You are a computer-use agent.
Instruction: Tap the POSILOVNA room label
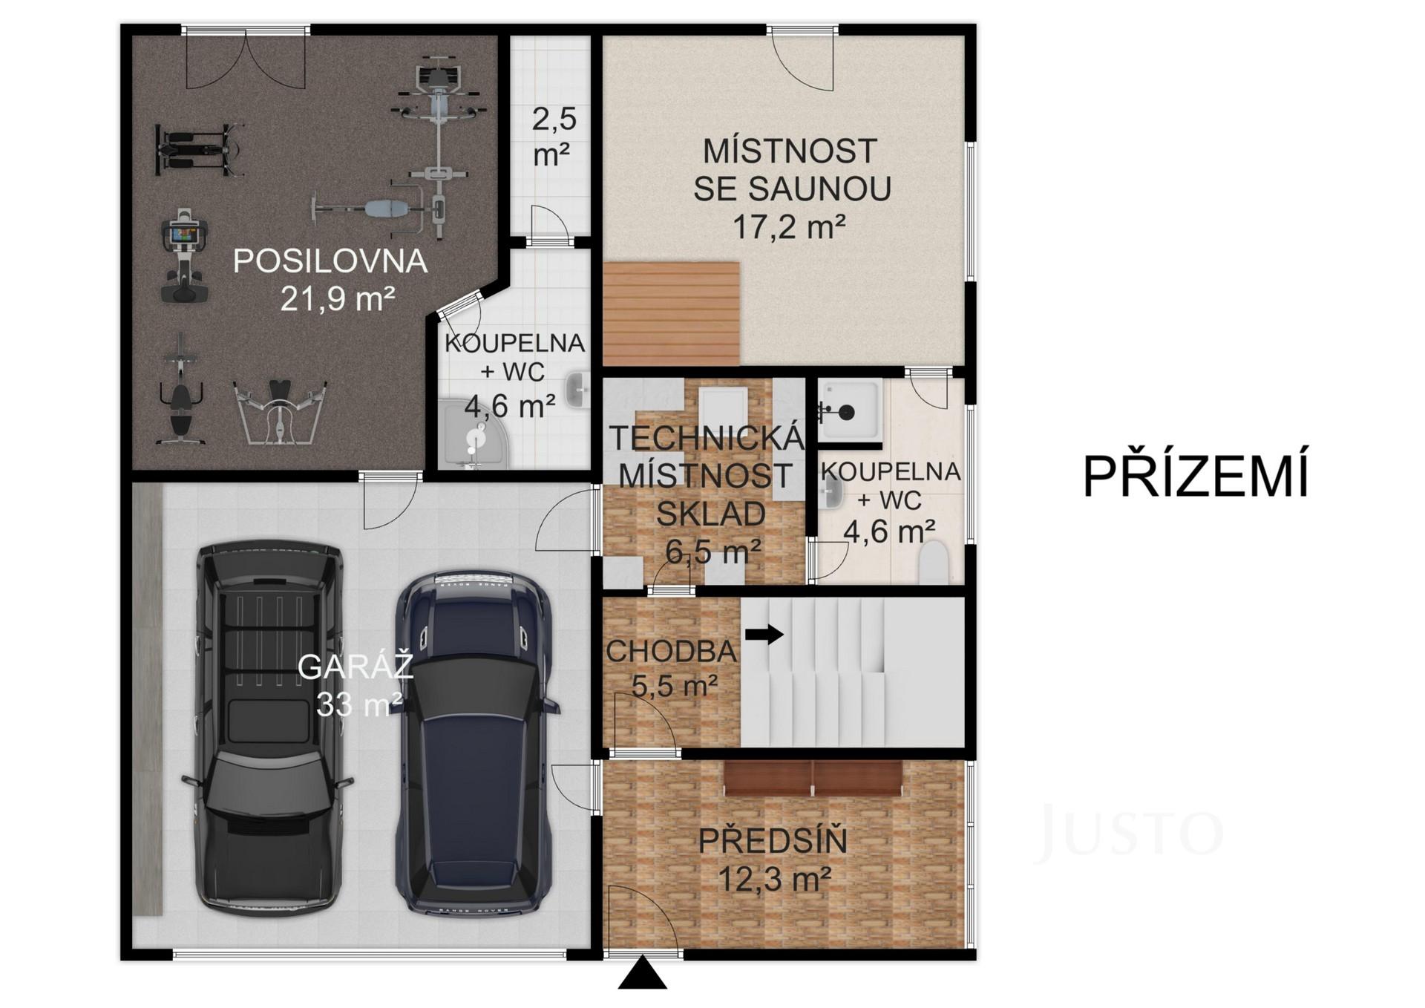[330, 261]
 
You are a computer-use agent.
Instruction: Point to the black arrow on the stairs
[764, 635]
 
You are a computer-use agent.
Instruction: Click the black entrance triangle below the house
[642, 973]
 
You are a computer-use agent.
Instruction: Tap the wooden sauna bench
[672, 314]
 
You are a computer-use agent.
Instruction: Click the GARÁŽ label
[356, 667]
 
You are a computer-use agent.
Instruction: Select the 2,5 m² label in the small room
[554, 137]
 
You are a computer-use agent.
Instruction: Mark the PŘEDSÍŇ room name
[773, 842]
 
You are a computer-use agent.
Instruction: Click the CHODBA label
[672, 652]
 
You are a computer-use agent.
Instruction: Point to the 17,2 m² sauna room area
[790, 226]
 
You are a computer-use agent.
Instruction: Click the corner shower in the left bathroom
[474, 434]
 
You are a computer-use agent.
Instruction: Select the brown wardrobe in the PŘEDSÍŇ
[813, 777]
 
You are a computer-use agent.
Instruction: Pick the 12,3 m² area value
[774, 879]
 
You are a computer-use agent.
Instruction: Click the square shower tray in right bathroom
[850, 410]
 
